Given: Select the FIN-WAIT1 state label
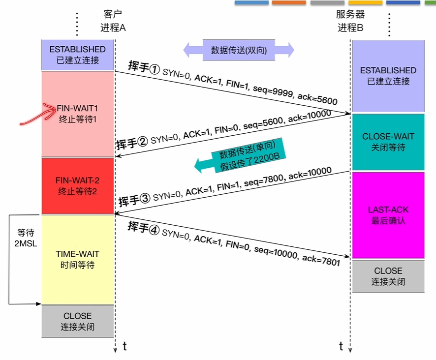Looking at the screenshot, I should click(78, 107).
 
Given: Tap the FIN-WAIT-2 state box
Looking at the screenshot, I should click(78, 185).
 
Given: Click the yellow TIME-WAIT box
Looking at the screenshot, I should click(78, 259).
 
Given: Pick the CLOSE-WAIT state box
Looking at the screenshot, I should click(388, 142).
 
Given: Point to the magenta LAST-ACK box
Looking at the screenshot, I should click(388, 215).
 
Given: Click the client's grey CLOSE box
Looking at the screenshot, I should click(78, 321).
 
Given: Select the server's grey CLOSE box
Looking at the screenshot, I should click(388, 276).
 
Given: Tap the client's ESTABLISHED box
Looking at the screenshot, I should click(78, 55).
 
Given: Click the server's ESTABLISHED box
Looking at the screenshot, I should click(388, 76).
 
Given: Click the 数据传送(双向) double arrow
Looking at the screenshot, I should click(239, 50).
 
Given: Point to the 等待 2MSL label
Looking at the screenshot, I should click(23, 239).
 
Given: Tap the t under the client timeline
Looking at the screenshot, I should click(125, 346).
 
